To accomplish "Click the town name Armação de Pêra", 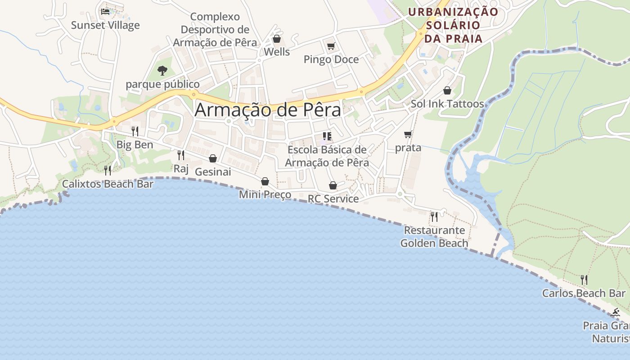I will coord(268,110).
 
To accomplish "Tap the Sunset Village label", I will coord(105,25).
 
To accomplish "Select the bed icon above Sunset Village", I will coord(105,11).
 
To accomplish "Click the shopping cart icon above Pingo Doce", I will coord(331,45).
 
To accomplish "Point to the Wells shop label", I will coord(277,52).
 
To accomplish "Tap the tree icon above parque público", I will coord(162,71).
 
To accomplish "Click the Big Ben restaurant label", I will coord(135,145).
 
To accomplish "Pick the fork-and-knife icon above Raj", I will coord(181,155).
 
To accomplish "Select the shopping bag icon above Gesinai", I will coord(213,158).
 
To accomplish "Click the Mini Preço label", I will coord(265,195).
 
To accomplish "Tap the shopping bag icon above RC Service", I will coord(333,185).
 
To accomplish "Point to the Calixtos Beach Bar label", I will coord(108,184).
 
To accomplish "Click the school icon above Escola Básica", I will coord(327,136).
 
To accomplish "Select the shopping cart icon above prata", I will coord(408,134).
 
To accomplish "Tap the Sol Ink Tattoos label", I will coord(447,104).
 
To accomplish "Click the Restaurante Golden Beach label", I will coord(434,237).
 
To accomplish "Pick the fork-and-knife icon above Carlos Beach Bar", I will coord(584,280).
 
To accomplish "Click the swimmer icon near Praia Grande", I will coord(616,313).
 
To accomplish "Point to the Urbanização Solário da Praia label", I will coord(453,25).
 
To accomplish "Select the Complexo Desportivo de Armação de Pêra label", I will coord(215,30).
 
